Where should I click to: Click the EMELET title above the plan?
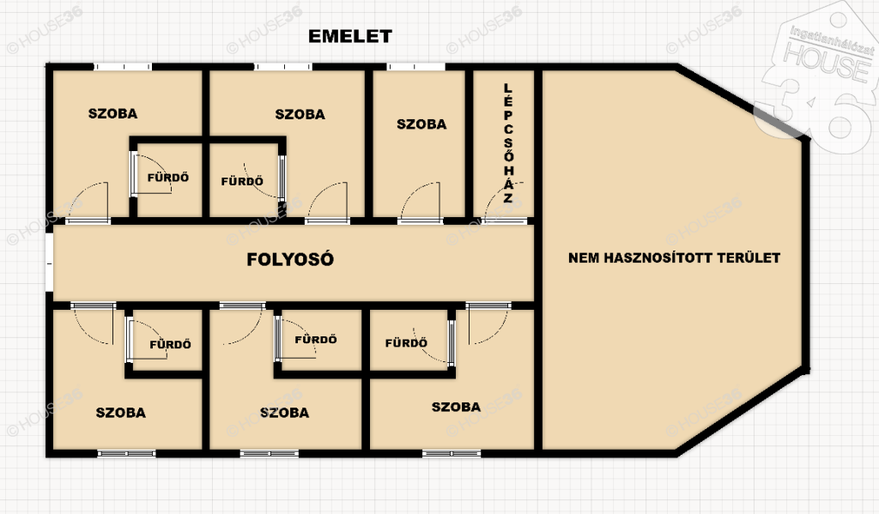350,36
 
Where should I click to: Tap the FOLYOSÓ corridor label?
290,259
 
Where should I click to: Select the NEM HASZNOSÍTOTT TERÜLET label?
675,257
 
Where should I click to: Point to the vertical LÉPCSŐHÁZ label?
508,143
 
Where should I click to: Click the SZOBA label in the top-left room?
112,114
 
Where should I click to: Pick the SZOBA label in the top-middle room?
300,114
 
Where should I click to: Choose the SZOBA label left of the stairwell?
421,124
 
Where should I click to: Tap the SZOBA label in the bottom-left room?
120,413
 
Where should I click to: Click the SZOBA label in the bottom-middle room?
284,413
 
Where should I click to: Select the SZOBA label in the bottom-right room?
456,407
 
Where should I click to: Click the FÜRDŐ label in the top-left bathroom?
168,177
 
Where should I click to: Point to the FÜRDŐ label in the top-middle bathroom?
242,181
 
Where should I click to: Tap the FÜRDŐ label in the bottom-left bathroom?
171,344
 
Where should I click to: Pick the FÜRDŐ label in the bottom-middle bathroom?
316,339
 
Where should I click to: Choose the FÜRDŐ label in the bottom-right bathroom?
406,342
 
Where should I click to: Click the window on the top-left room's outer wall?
122,67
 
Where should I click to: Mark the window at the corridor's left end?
49,263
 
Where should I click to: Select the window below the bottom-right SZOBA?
452,453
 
